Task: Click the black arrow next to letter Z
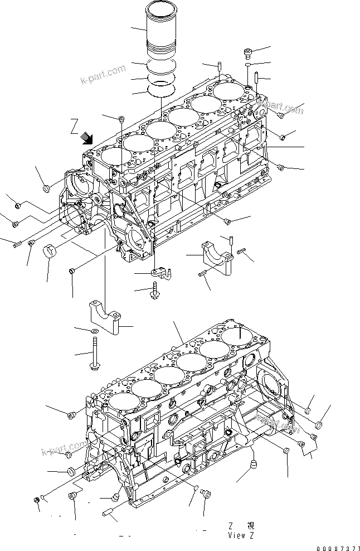point(87,138)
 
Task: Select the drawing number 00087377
point(336,545)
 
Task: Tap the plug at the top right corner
point(248,53)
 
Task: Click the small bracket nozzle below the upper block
point(159,273)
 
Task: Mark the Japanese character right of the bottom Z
point(251,526)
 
